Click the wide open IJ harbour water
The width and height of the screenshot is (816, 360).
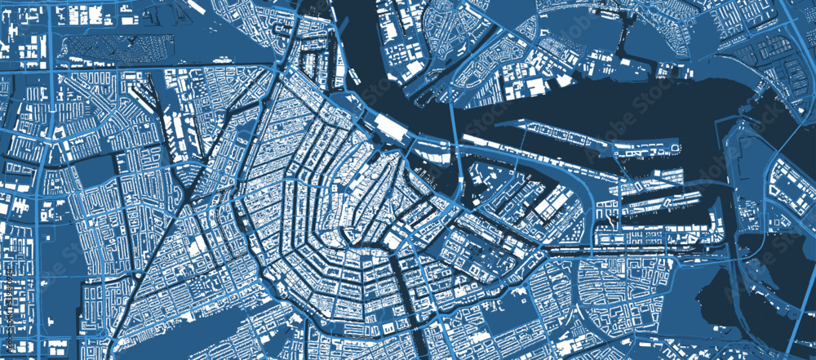571,102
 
